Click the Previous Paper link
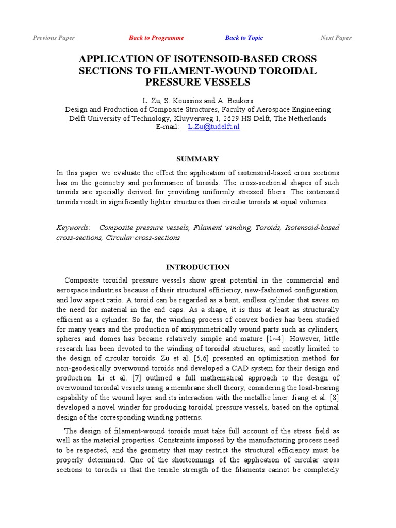pyautogui.click(x=54, y=38)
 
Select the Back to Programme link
pyautogui.click(x=156, y=38)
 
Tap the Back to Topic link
pyautogui.click(x=244, y=38)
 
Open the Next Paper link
pyautogui.click(x=336, y=38)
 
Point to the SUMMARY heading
pyautogui.click(x=197, y=159)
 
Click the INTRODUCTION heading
pyautogui.click(x=197, y=267)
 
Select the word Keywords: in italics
pyautogui.click(x=73, y=227)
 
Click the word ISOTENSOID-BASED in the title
pyautogui.click(x=227, y=59)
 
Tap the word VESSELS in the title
pyautogui.click(x=221, y=82)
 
